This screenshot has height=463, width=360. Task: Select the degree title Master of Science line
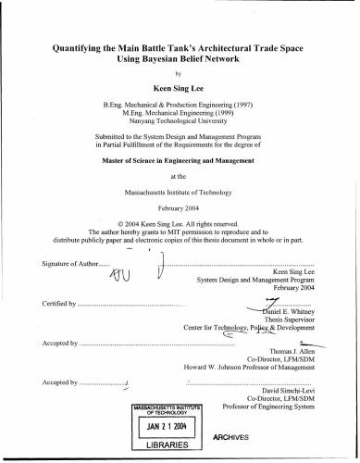pos(180,159)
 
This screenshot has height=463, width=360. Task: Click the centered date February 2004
pos(180,210)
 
